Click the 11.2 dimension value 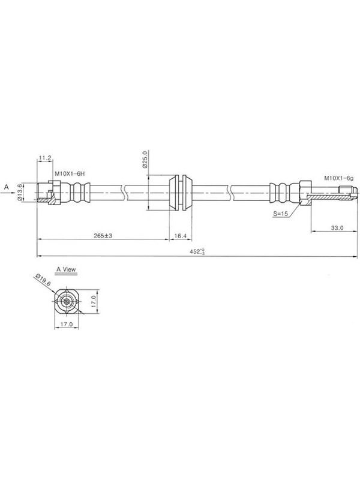(x=44, y=158)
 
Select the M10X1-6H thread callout (x=70, y=173)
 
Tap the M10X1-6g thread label (x=339, y=178)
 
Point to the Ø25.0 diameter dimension (x=145, y=159)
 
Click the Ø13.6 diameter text (x=20, y=192)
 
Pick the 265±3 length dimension (x=103, y=236)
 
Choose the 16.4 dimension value (x=181, y=236)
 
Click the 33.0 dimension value (x=337, y=228)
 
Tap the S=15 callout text (x=281, y=214)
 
